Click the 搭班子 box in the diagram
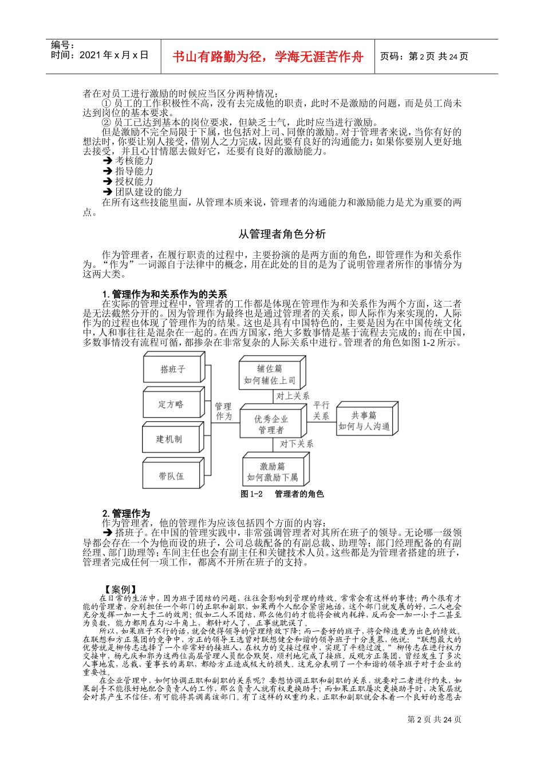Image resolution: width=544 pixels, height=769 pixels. point(172,369)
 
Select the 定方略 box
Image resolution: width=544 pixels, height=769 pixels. point(171,405)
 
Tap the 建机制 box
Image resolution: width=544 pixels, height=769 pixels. point(169,439)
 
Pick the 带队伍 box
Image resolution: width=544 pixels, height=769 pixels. point(171,476)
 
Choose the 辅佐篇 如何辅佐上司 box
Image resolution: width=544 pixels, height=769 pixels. point(270,375)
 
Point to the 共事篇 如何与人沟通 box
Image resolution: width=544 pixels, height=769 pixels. point(364,421)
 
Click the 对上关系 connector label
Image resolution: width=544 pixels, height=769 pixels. point(293,395)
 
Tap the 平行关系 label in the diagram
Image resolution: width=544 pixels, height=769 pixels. point(321,410)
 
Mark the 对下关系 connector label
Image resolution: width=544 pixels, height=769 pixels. point(296,443)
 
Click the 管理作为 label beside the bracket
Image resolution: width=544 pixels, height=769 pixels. point(223,411)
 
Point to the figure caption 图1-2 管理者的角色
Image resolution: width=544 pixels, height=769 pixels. point(282,494)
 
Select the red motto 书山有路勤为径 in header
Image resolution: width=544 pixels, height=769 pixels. point(268,57)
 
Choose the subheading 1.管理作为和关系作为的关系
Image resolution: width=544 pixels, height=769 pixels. point(164,294)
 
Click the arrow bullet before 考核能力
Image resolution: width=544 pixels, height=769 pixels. point(107,161)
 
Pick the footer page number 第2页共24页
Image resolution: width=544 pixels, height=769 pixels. point(433,720)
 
